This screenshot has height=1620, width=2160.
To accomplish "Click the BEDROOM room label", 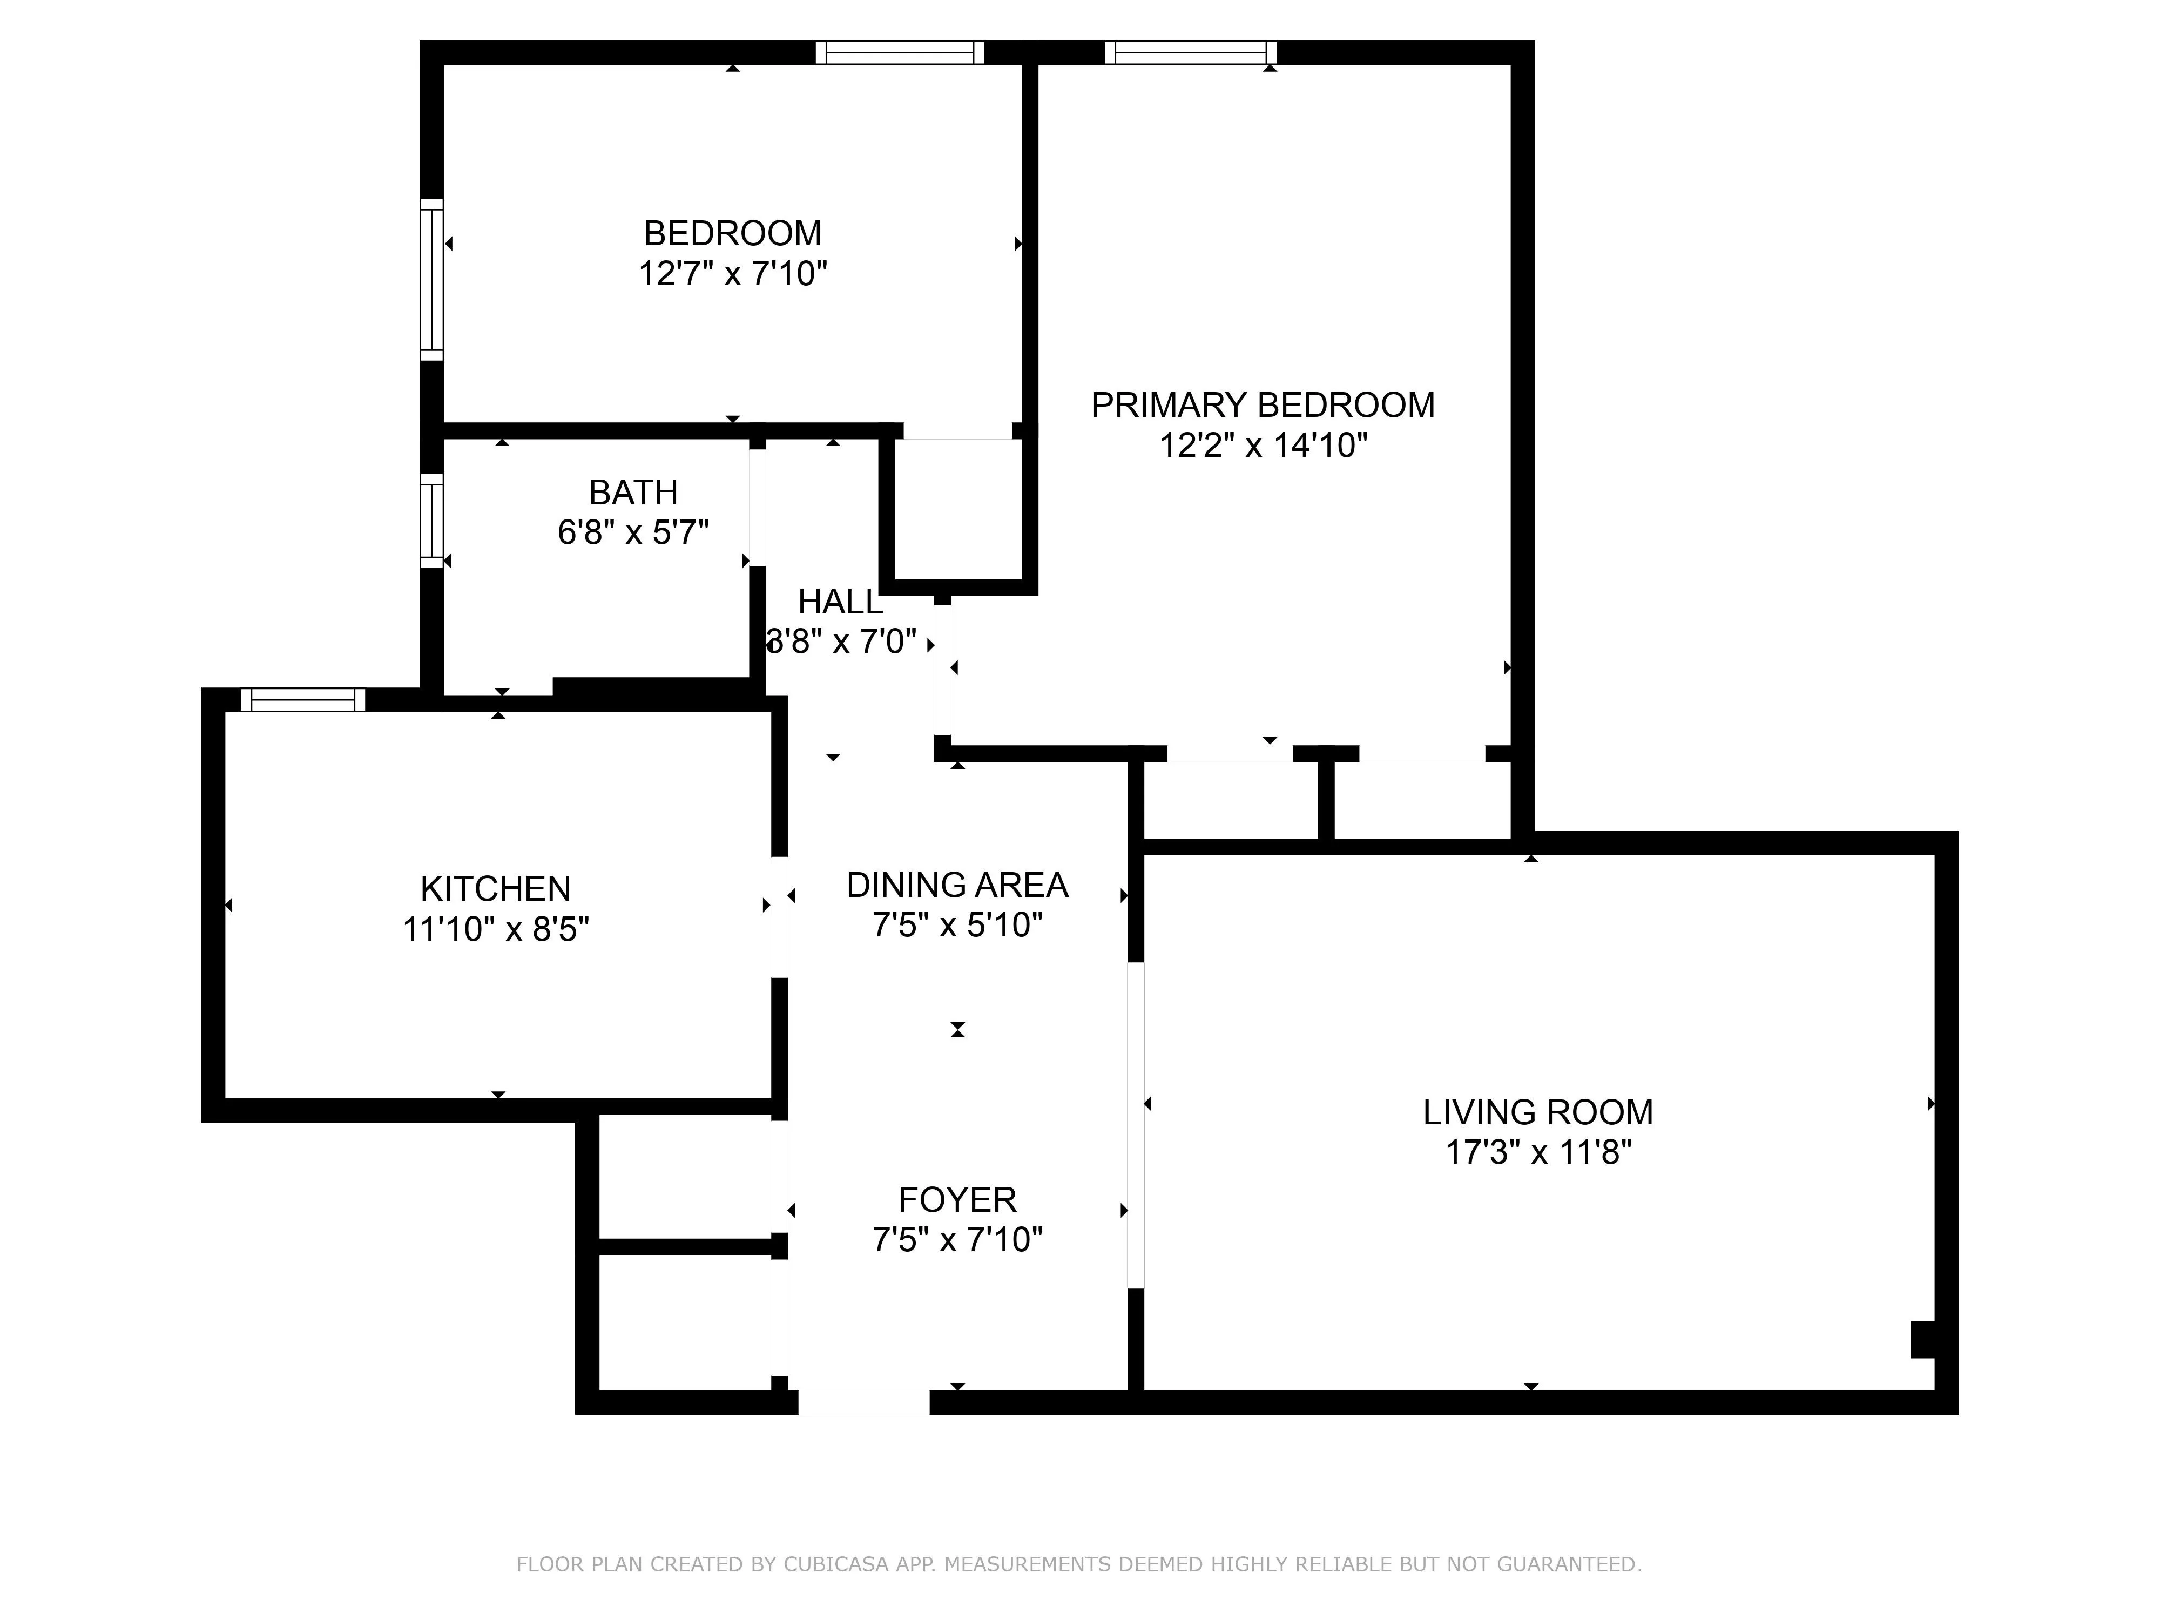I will pyautogui.click(x=732, y=233).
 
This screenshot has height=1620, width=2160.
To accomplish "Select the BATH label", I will pyautogui.click(x=633, y=492).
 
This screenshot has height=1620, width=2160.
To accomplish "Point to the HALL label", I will pyautogui.click(x=840, y=602).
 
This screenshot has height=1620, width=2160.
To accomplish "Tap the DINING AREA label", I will pyautogui.click(x=957, y=885).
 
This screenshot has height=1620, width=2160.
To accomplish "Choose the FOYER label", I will pyautogui.click(x=957, y=1199).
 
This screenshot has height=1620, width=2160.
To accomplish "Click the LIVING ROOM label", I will pyautogui.click(x=1538, y=1112).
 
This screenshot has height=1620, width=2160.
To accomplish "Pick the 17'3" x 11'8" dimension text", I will pyautogui.click(x=1538, y=1152).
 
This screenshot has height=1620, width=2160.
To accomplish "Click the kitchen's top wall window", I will pyautogui.click(x=303, y=699).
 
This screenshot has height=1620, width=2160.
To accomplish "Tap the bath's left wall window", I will pyautogui.click(x=431, y=521).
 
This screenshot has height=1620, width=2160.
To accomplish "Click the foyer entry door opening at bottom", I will pyautogui.click(x=864, y=1402).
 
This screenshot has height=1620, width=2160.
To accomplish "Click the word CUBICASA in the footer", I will pyautogui.click(x=835, y=1564).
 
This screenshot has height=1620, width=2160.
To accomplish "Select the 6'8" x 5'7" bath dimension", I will pyautogui.click(x=633, y=532).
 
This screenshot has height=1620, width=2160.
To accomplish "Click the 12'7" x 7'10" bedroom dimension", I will pyautogui.click(x=732, y=273).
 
